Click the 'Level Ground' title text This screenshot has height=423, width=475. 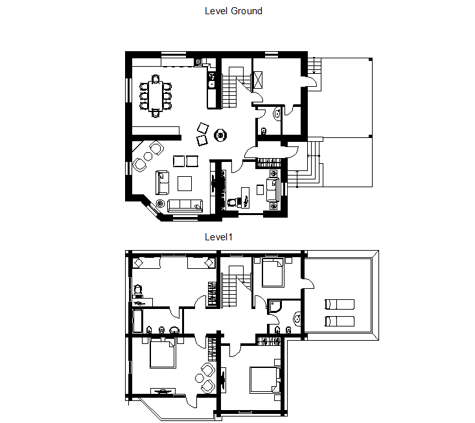pos(233,11)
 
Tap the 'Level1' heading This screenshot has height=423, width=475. pos(219,237)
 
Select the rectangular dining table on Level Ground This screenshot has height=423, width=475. pos(156,96)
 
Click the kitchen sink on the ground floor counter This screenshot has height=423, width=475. pos(211,84)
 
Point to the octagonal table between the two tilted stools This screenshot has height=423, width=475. pos(220,135)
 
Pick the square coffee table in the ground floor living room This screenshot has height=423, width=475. pos(185,183)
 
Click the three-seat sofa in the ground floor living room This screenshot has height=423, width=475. pos(185,205)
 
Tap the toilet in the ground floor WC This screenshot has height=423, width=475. pos(263,131)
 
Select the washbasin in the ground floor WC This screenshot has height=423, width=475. pos(277,114)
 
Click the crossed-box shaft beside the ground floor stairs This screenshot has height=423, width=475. pos(258,80)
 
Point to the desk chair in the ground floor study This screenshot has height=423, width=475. pos(232,202)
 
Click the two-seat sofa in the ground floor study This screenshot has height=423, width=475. pos(272,190)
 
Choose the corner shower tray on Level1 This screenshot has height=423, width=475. pos(275,306)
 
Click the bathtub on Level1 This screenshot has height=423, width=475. pos(137,321)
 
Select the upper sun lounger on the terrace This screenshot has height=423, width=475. pos(340,304)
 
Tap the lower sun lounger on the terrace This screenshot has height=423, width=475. pos(340,321)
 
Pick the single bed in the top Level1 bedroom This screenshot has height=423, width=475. pos(273,272)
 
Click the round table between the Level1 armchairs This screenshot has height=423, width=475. pos(200,378)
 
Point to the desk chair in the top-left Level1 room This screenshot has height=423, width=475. pos(137,290)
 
